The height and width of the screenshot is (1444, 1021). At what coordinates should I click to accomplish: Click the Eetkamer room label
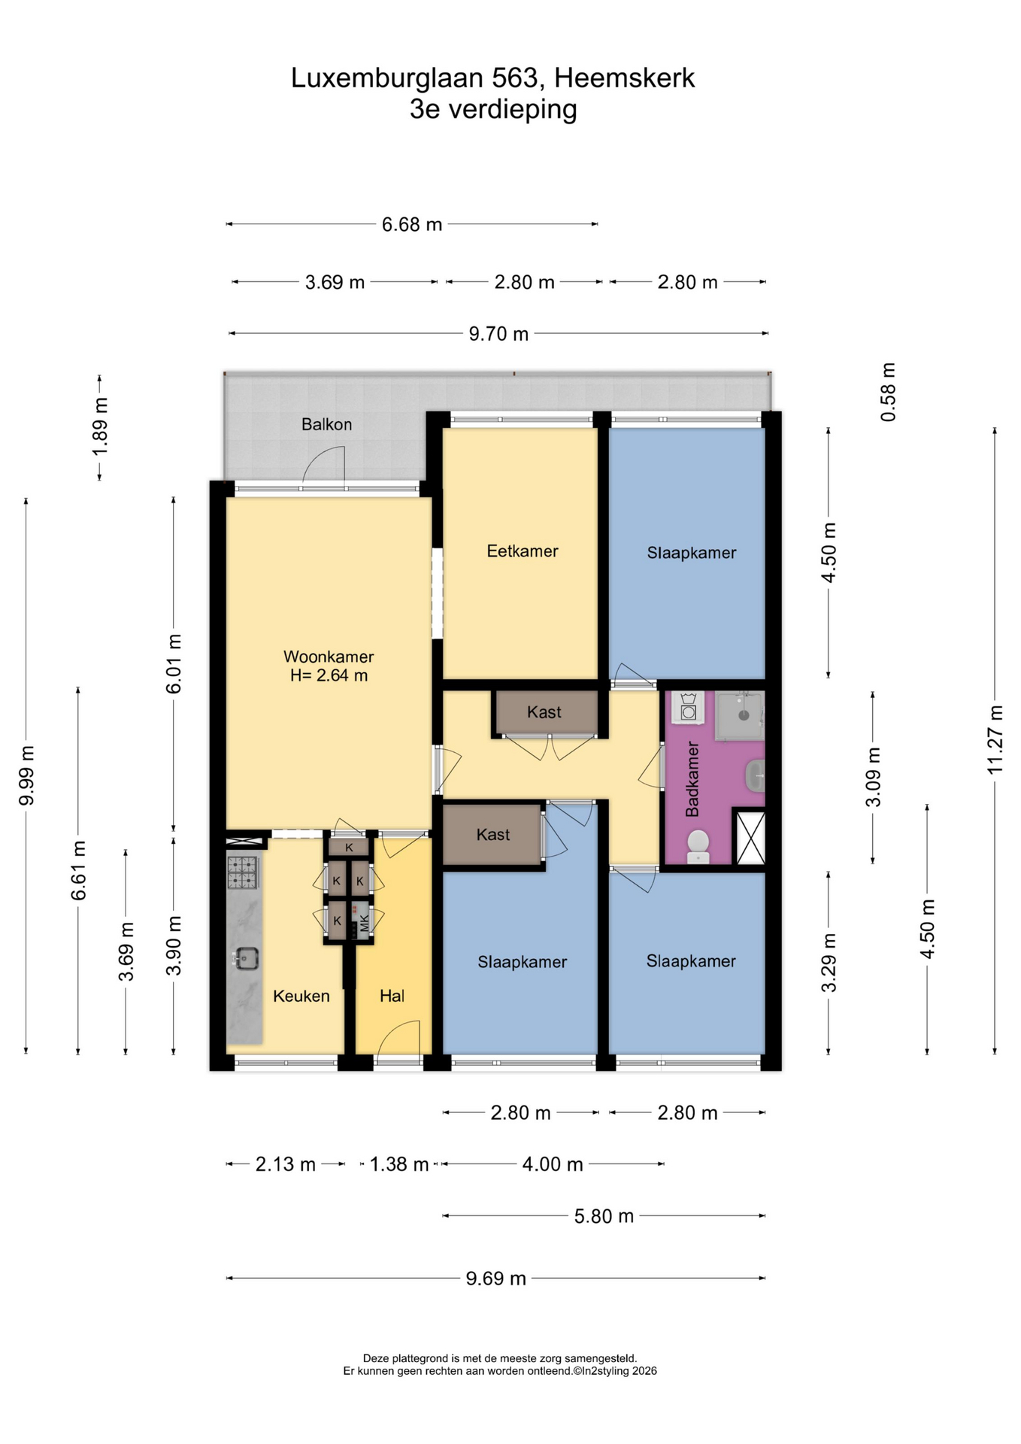coord(522,551)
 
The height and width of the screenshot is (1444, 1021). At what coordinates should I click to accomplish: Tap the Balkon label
coord(326,424)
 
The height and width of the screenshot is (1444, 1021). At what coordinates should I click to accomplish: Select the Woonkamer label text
coord(329,657)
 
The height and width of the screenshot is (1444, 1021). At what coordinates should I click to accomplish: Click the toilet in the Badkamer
coord(698,847)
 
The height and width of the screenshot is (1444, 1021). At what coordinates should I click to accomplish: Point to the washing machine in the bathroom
coord(688,708)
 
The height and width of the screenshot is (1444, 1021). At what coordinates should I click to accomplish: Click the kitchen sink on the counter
coord(246,958)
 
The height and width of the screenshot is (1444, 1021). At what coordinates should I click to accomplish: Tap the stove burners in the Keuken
coord(244,872)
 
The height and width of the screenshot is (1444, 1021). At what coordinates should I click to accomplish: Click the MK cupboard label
coord(365,923)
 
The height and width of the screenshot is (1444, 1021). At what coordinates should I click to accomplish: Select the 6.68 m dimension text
coord(412,224)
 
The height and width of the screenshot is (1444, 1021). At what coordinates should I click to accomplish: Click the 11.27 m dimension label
coord(995,739)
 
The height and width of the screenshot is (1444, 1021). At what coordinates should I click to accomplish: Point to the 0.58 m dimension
coord(889,392)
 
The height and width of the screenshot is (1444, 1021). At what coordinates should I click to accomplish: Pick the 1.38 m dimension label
coord(399,1164)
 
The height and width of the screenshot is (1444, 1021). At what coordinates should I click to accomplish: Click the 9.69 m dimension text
coord(495,1278)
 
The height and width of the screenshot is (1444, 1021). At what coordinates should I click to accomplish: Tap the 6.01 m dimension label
coord(174,664)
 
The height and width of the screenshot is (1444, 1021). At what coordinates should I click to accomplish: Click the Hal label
coord(392,996)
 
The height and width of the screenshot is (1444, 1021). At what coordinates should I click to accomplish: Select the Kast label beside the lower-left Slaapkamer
coord(493,834)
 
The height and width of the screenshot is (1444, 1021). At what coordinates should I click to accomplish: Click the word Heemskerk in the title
coord(625,78)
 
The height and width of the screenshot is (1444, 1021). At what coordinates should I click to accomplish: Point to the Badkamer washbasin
coord(756,775)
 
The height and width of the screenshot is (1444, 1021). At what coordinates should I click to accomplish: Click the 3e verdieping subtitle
coord(493,109)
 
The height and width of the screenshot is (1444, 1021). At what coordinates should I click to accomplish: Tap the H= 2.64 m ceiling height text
coord(329,675)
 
